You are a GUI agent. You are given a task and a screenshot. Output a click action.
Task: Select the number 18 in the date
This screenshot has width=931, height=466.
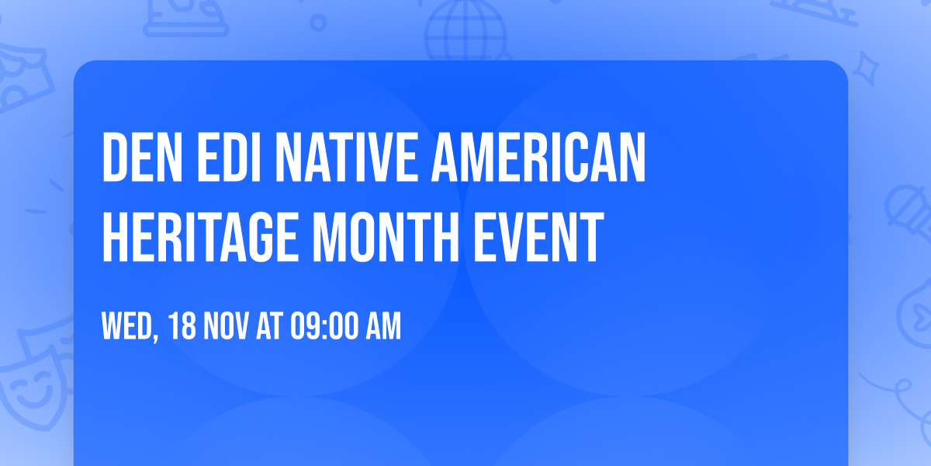pyautogui.click(x=182, y=327)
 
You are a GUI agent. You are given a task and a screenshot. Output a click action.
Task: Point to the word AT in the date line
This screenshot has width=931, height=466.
pyautogui.click(x=268, y=327)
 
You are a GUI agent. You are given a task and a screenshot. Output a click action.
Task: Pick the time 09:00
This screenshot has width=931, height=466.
pyautogui.click(x=324, y=327)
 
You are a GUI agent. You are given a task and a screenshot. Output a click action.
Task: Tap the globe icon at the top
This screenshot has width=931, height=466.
pyautogui.click(x=464, y=31)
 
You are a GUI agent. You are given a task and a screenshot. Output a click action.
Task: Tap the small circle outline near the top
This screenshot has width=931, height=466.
pyautogui.click(x=318, y=23)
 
